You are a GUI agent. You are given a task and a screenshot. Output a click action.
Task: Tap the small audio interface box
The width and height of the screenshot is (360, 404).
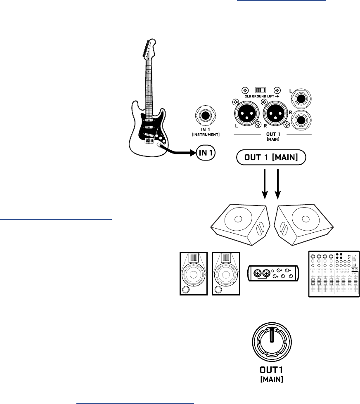click(x=273, y=273)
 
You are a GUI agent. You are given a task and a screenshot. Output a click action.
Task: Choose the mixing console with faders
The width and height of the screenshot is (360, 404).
click(x=334, y=273)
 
